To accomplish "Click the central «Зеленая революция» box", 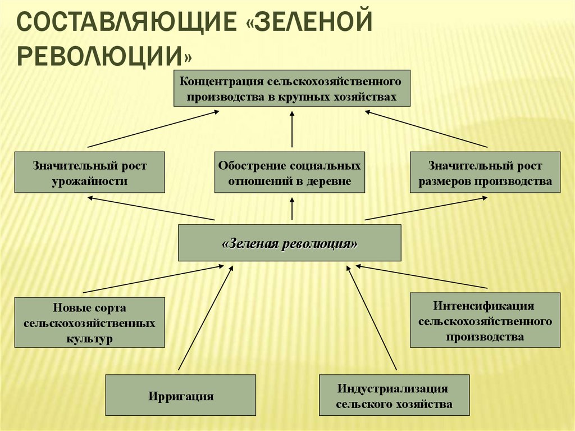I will click(290, 243).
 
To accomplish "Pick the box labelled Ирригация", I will click(181, 396).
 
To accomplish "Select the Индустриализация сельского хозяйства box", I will click(394, 396).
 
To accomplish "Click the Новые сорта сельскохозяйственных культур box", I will click(90, 323).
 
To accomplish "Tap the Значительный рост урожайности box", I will click(90, 173).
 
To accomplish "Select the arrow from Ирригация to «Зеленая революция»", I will click(205, 317).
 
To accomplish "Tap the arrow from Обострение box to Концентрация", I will click(293, 129).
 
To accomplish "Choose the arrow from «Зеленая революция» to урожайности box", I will click(152, 208).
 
